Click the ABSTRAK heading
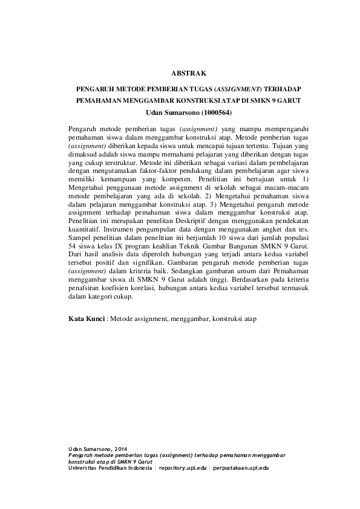click(180, 74)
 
